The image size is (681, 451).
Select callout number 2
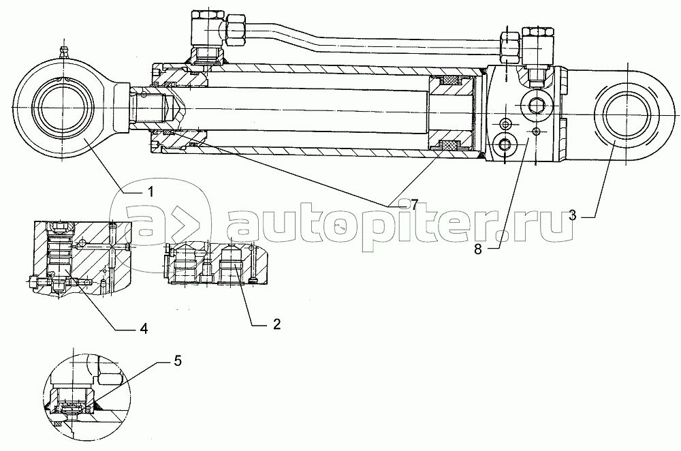[x=276, y=324]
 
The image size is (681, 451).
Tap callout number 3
[x=573, y=215]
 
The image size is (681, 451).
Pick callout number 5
[x=178, y=360]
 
